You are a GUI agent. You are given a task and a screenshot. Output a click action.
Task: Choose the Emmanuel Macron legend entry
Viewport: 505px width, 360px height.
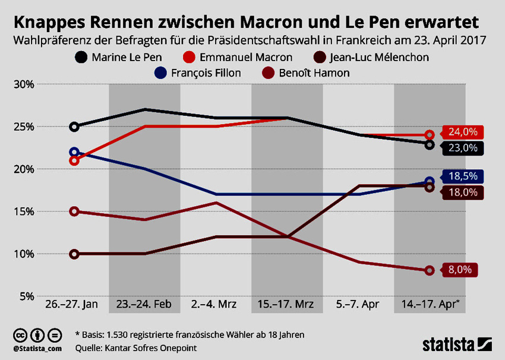coord(238,58)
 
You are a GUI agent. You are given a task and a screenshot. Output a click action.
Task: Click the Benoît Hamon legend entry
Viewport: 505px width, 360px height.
coord(315,73)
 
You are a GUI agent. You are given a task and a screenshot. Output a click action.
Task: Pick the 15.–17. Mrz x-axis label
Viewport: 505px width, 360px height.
coord(287,305)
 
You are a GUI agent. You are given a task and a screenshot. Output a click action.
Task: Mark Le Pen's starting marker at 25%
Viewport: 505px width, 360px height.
coord(74,127)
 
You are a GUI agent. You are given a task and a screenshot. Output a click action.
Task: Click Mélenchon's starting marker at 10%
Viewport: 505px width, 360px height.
coord(74,254)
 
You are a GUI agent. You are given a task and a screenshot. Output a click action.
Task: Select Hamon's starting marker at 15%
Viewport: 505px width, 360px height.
coord(74,211)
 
